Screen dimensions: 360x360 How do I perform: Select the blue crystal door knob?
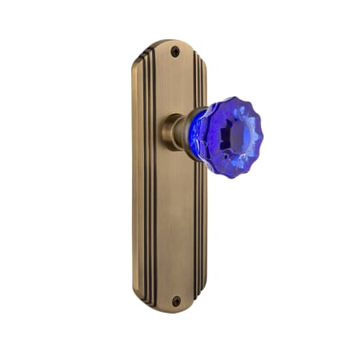point(226,137)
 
